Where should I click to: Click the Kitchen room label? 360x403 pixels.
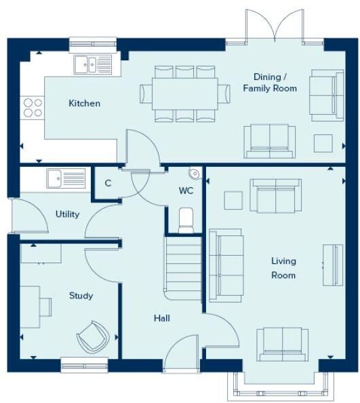tap(84, 103)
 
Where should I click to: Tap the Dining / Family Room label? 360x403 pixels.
tap(270, 83)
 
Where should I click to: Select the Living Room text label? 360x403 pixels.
tap(283, 268)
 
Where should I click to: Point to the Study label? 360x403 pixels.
tap(81, 296)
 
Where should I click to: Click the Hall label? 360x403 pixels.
tap(162, 318)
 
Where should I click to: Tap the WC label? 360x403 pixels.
tap(186, 191)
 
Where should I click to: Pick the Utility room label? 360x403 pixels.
tap(67, 214)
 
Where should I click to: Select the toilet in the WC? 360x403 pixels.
tap(186, 220)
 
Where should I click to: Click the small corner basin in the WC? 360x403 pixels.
tap(195, 173)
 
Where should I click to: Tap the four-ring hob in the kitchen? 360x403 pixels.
tap(33, 108)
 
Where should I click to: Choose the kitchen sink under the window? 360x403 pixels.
tap(93, 64)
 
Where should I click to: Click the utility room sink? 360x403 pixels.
tap(66, 178)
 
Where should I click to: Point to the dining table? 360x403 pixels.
tap(185, 94)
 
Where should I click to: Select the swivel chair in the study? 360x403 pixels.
tap(93, 337)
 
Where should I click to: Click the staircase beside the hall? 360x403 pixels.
tap(183, 268)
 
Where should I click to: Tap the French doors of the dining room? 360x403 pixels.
tap(275, 26)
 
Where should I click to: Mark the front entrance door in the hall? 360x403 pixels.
tap(181, 353)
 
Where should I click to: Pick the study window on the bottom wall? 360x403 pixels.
tap(85, 365)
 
